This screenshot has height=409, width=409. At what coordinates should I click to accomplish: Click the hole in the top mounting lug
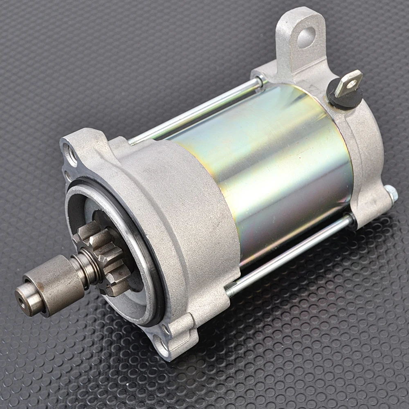pos(306,37)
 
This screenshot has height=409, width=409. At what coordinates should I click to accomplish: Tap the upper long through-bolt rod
pos(196,110)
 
